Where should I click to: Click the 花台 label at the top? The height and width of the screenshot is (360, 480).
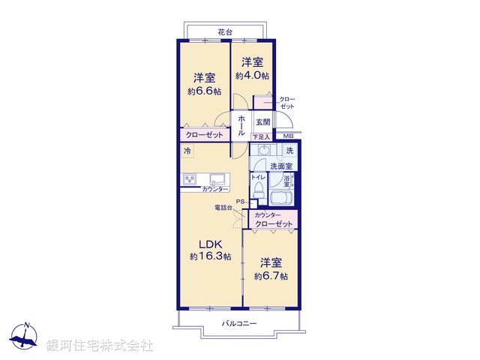[224, 32]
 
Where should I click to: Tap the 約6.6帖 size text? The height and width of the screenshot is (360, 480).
[204, 91]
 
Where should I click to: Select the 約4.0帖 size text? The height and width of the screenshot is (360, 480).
[252, 75]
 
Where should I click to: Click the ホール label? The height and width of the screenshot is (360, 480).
[241, 125]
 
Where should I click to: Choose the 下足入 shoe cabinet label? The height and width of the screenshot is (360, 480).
[259, 137]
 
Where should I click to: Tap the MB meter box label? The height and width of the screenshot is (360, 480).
[289, 136]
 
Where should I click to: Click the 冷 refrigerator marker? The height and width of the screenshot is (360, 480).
[187, 151]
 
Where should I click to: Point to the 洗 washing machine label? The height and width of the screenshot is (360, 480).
[289, 151]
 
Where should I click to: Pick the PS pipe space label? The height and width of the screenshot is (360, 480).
[240, 202]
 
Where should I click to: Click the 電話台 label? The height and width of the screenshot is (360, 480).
[223, 207]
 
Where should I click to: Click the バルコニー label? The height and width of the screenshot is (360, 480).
[239, 324]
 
